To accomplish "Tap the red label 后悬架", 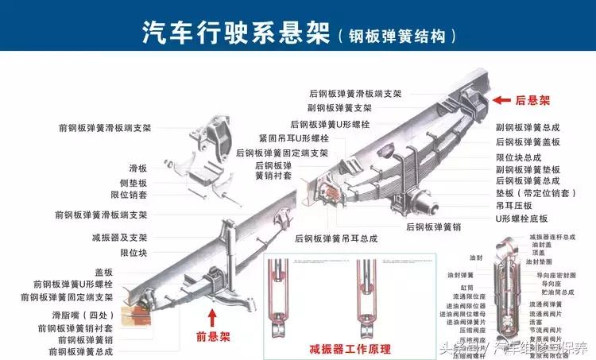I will click(x=532, y=101).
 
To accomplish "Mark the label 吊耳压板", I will click(x=513, y=205).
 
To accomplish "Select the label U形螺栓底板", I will click(x=521, y=218).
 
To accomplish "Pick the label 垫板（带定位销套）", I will click(x=534, y=192).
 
